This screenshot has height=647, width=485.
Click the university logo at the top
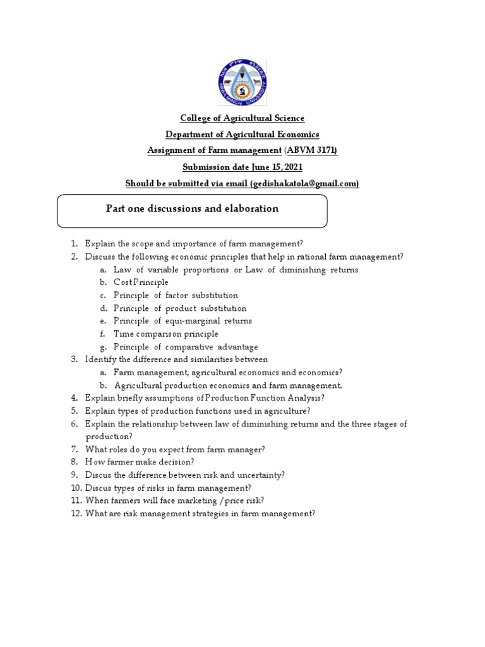click(242, 83)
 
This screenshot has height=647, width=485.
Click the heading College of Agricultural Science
click(242, 118)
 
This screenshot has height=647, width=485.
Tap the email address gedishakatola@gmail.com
click(304, 183)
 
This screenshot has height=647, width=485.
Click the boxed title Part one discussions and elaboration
click(192, 209)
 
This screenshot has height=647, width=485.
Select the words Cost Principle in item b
click(141, 282)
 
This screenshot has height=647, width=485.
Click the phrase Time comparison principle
click(165, 334)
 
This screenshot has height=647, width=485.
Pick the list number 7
click(73, 449)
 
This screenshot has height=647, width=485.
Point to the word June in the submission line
click(256, 167)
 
